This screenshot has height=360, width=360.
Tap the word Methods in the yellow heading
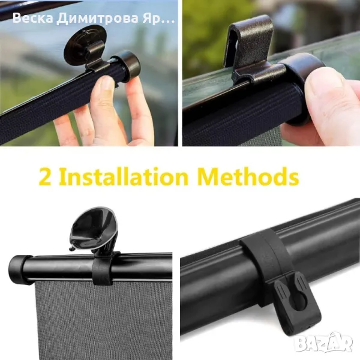[x=248, y=176]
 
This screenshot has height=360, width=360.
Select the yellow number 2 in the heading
[x=46, y=177]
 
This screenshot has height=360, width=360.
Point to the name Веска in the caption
[x=32, y=18]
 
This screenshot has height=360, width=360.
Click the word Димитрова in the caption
[x=97, y=19]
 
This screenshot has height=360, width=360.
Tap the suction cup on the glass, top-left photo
[x=85, y=44]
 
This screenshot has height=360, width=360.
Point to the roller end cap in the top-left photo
[x=127, y=66]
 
